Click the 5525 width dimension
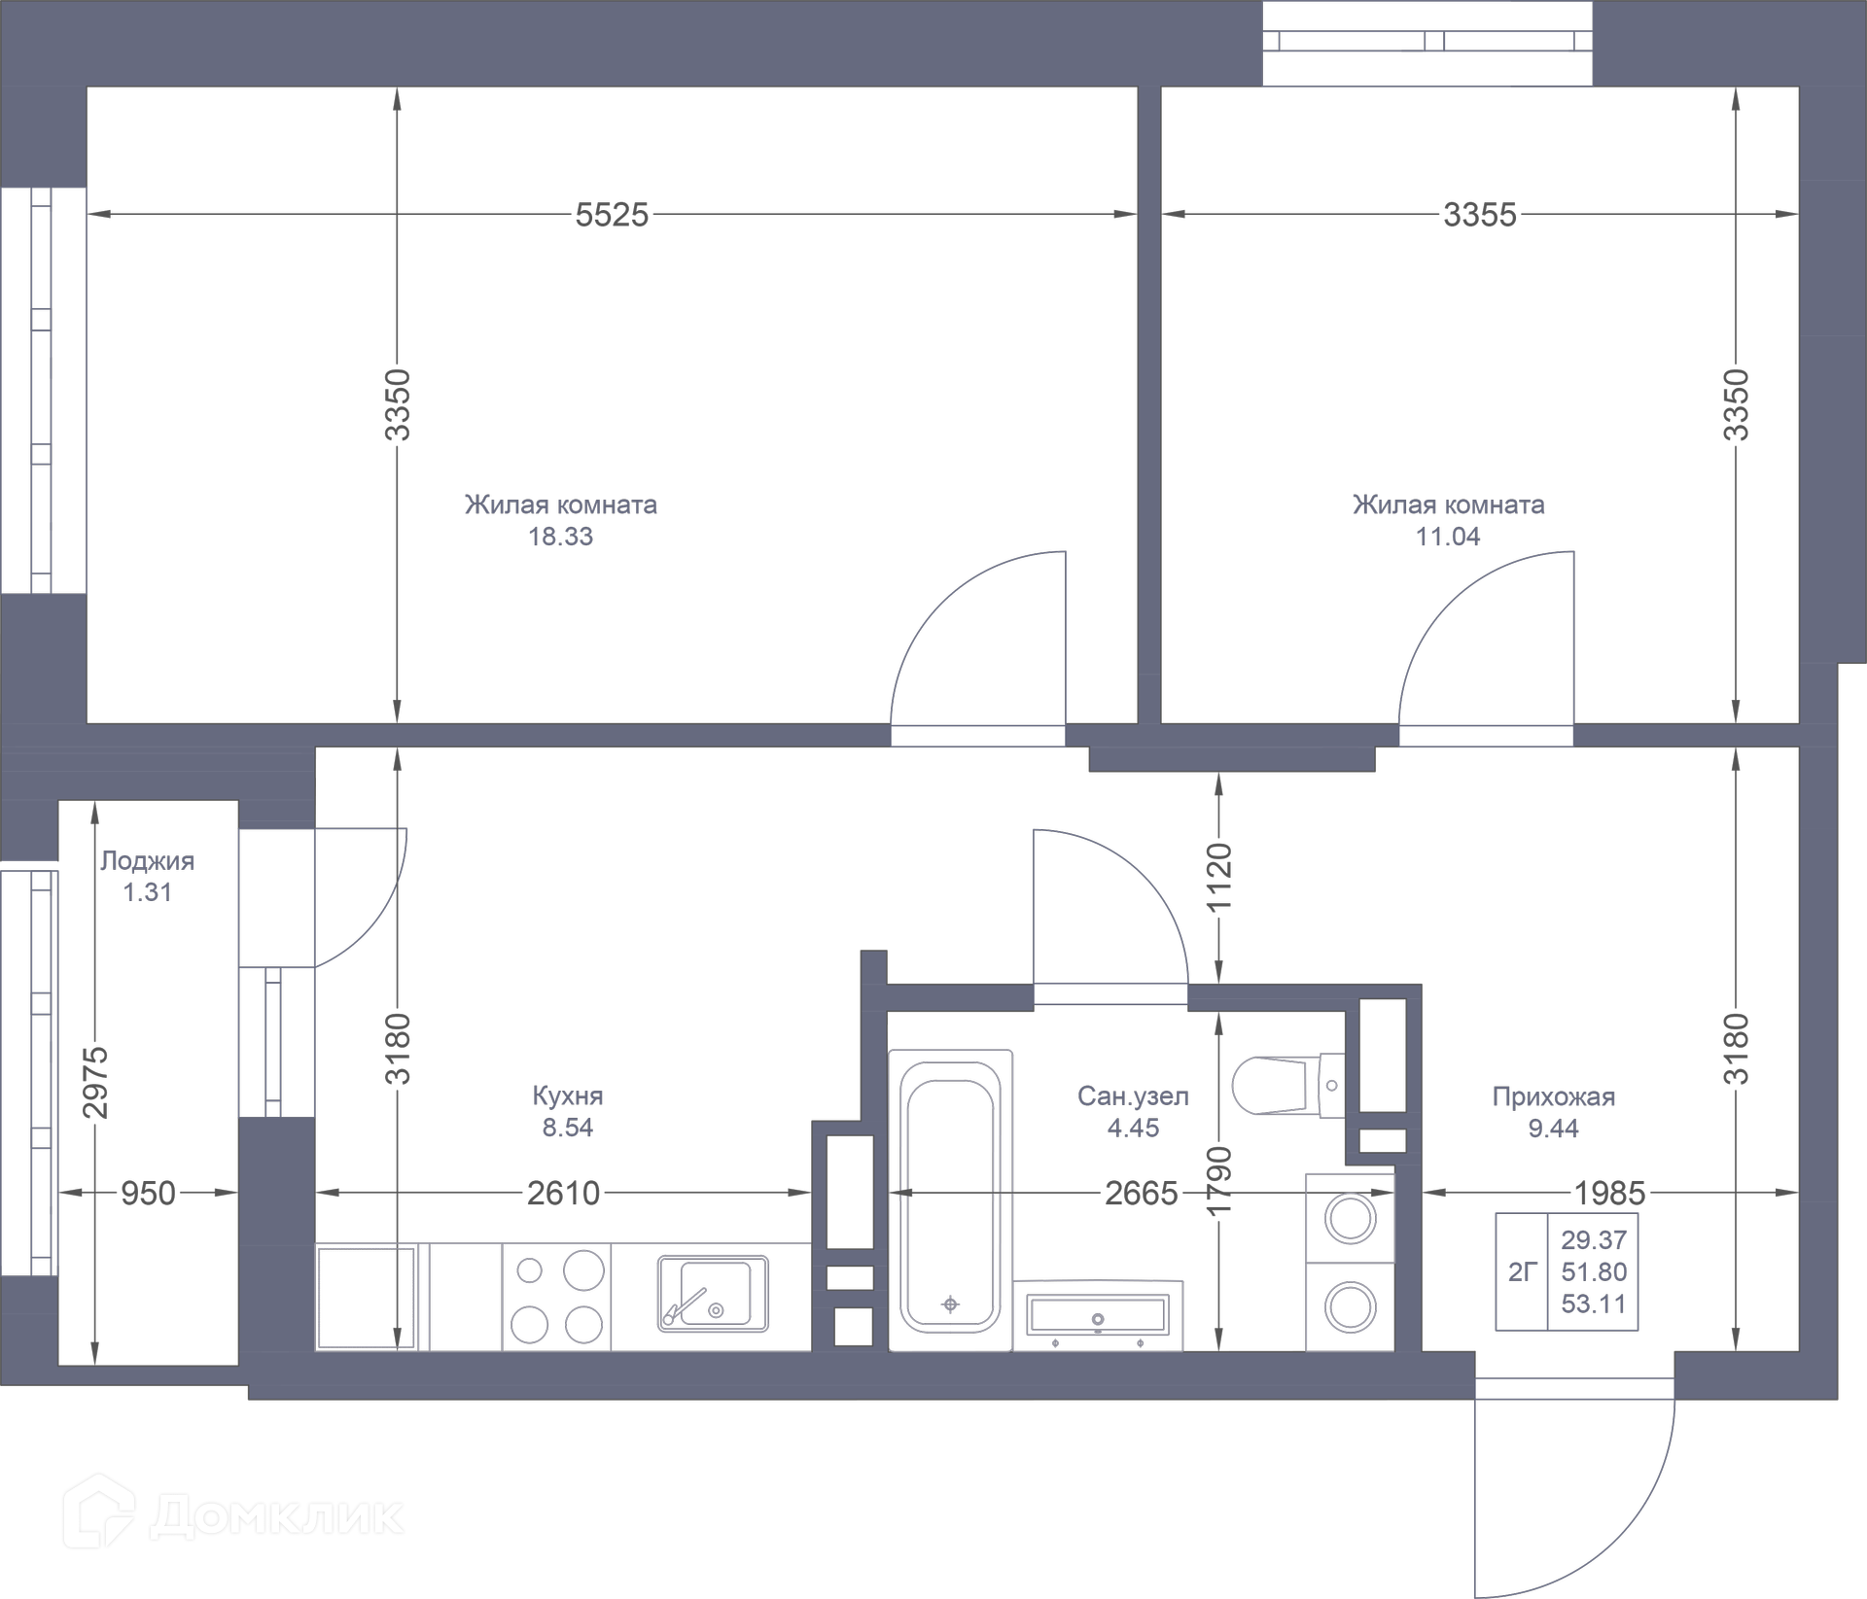pos(612,215)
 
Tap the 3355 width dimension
pos(1479,215)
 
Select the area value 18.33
pos(560,537)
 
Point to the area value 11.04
pos(1448,537)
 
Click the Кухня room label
pos(568,1096)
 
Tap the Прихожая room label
pos(1553,1097)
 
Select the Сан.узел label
pos(1133,1096)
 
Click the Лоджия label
pos(148,861)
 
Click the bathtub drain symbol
pos(951,1304)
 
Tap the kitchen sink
pos(713,1293)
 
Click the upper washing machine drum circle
pos(1351,1219)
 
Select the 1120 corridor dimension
pos(1218,878)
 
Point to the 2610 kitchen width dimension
pos(564,1193)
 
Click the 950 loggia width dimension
pos(148,1193)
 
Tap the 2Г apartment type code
pos(1522,1271)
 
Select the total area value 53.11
pos(1594,1304)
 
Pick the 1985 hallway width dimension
pos(1610,1193)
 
